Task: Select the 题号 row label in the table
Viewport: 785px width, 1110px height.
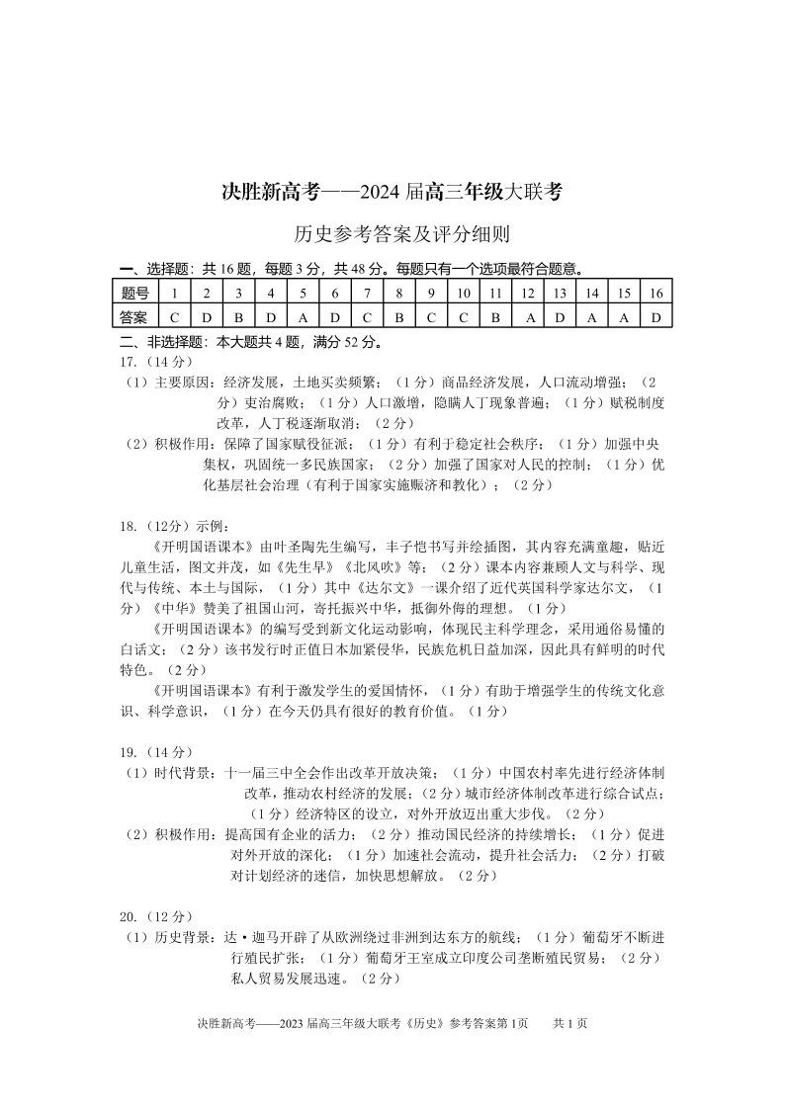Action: click(134, 293)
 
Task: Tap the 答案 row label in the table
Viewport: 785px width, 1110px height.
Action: click(134, 317)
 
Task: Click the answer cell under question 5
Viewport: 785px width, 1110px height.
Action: click(304, 317)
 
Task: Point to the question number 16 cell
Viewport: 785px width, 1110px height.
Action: click(655, 293)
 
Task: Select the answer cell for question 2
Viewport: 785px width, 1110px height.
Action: click(207, 317)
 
